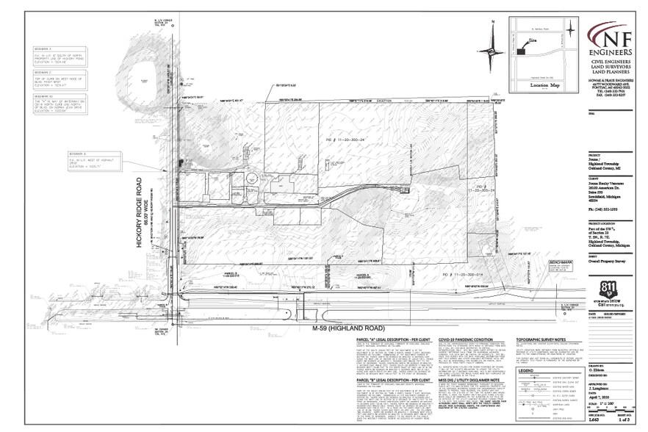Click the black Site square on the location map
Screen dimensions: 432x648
(x=521, y=52)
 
